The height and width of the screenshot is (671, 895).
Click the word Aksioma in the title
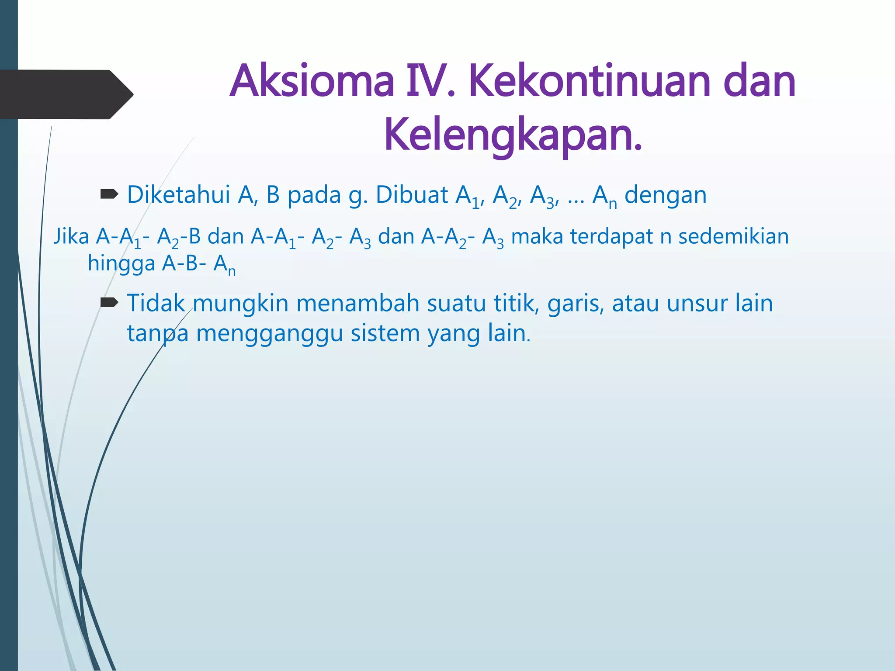tap(312, 82)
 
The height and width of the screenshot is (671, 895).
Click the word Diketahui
tap(178, 195)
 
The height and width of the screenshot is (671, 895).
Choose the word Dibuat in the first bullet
tap(412, 195)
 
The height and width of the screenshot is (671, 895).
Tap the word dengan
tap(665, 195)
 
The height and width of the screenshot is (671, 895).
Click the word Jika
tap(71, 237)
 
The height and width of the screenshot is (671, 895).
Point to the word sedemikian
tap(733, 237)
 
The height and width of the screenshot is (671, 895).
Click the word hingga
tap(121, 264)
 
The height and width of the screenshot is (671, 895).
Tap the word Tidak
tap(156, 303)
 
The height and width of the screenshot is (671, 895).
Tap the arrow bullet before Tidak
tap(109, 302)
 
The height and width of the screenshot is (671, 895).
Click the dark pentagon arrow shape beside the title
tap(66, 94)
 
